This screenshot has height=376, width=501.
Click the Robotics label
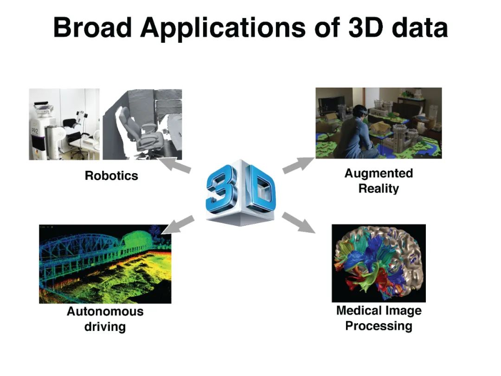click(111, 176)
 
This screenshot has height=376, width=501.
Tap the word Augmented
click(379, 174)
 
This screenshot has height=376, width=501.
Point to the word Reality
click(379, 189)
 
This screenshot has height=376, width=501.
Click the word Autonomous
click(105, 311)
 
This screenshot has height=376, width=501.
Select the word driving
click(105, 327)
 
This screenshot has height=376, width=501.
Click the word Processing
click(379, 326)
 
